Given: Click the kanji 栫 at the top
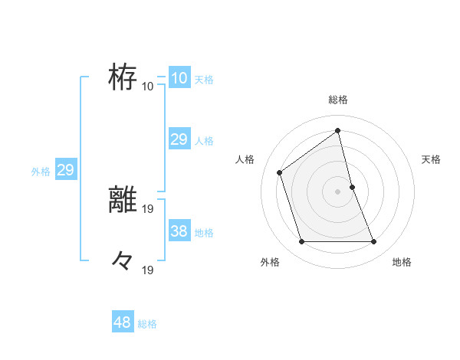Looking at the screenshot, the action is (x=123, y=77).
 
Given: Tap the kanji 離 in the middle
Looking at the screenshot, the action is (x=123, y=198).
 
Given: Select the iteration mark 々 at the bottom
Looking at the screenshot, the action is (x=123, y=261).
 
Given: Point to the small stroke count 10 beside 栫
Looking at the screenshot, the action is (x=148, y=86).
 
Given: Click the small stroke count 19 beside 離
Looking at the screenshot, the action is (x=148, y=208).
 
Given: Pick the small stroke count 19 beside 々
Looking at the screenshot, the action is (x=148, y=270).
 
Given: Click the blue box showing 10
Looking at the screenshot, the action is (x=179, y=78).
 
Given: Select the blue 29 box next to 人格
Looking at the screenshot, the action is (x=179, y=139).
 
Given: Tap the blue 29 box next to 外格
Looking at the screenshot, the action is (x=65, y=171).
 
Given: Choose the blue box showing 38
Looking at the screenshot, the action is (x=179, y=231).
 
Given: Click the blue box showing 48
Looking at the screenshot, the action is (x=122, y=322).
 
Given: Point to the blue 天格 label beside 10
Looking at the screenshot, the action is (x=204, y=80).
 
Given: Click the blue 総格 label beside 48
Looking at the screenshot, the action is (x=147, y=324).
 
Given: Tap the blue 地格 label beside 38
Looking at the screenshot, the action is (x=204, y=233).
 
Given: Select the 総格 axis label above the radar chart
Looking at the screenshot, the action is (x=338, y=100).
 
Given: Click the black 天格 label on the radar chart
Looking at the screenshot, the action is (x=431, y=159).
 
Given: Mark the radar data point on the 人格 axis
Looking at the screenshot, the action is (x=280, y=172).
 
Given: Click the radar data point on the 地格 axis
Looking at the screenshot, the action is (x=374, y=242).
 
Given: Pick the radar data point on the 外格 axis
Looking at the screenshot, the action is (x=301, y=242).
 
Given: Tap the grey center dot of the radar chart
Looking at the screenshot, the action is (x=338, y=191).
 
